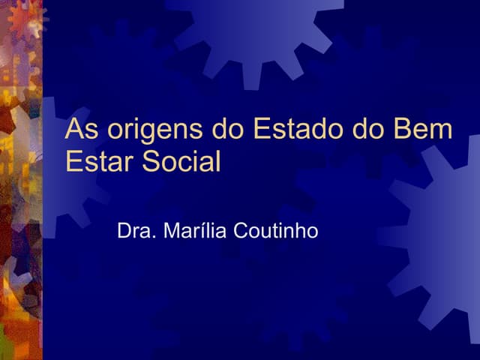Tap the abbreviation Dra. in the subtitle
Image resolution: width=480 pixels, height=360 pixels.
134,231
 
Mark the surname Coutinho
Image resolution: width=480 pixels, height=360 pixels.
276,231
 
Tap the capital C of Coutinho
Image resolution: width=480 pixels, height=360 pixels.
241,231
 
